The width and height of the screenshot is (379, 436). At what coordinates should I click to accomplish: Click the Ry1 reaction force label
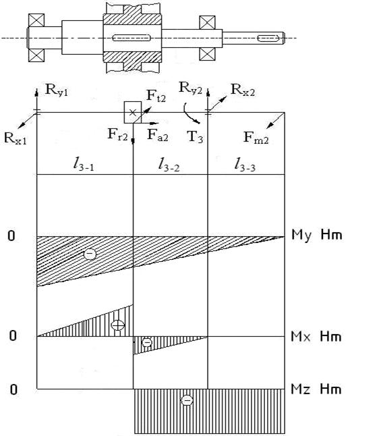click(57, 90)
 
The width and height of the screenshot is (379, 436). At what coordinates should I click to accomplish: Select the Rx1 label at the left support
click(16, 138)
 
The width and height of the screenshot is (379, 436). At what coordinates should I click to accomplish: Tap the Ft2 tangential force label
click(156, 96)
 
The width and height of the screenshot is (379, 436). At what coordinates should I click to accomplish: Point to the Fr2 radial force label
click(118, 134)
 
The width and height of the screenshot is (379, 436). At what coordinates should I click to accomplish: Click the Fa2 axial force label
click(158, 136)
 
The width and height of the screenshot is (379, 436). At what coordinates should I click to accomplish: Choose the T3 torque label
click(195, 136)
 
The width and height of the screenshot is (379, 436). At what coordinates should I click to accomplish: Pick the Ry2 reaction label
click(191, 88)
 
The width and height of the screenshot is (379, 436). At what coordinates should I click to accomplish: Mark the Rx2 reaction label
click(243, 90)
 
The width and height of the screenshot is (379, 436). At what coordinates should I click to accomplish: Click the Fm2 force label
click(256, 138)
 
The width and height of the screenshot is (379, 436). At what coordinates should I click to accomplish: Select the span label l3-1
click(84, 164)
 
